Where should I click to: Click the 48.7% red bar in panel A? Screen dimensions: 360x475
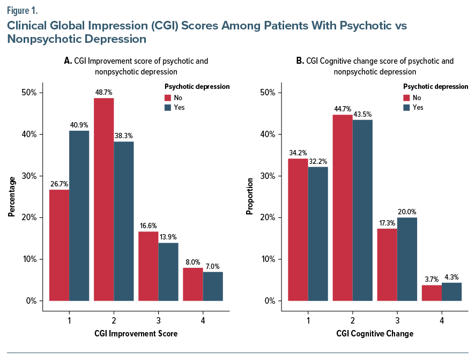pos(103,199)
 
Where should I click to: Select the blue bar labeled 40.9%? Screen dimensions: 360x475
pos(79,215)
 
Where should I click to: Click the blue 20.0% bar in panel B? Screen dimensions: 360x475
pos(407,259)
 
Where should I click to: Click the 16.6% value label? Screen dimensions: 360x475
pos(148,227)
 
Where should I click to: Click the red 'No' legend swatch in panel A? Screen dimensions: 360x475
pos(168,97)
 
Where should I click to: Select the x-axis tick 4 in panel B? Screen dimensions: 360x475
pos(441,320)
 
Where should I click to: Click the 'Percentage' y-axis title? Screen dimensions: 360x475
pos(11,197)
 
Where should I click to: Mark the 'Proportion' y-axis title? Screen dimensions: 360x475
pos(249,197)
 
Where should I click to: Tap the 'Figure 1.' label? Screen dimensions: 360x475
pos(23,10)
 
